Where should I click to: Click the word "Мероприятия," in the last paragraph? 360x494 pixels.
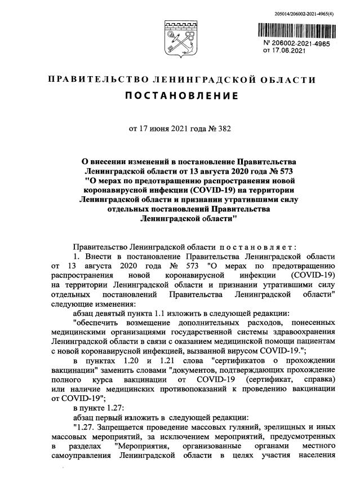click(x=141, y=447)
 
